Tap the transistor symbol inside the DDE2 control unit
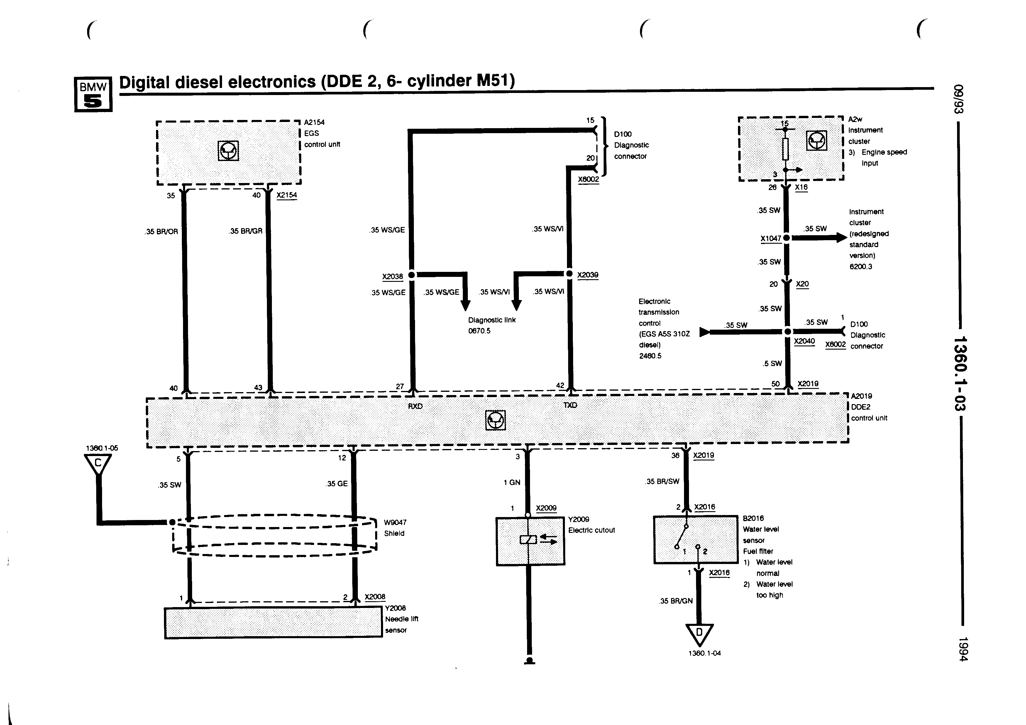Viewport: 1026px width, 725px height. pyautogui.click(x=495, y=420)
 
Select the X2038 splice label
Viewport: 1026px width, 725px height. pyautogui.click(x=392, y=277)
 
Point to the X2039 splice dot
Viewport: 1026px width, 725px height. pyautogui.click(x=569, y=273)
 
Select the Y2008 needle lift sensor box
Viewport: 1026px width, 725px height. pyautogui.click(x=273, y=623)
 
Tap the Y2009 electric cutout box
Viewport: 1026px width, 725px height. pyautogui.click(x=530, y=541)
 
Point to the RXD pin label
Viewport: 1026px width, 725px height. pyautogui.click(x=415, y=406)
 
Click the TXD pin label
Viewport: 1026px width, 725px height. pyautogui.click(x=570, y=405)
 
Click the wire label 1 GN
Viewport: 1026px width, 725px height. pyautogui.click(x=512, y=482)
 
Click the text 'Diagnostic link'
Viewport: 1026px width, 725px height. pyautogui.click(x=492, y=320)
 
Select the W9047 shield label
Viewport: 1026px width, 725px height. pyautogui.click(x=395, y=522)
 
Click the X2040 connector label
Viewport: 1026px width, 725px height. pyautogui.click(x=804, y=341)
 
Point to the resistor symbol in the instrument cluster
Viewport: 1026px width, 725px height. pyautogui.click(x=785, y=149)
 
